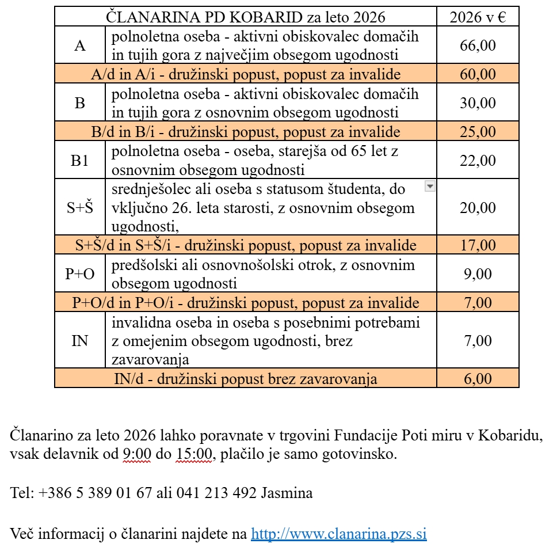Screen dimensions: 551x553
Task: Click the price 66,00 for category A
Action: (478, 45)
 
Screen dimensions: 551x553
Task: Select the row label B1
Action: (79, 161)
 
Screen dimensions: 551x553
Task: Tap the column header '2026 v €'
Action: (478, 17)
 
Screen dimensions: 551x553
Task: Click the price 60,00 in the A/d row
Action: (478, 74)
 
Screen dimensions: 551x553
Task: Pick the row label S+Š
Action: (79, 208)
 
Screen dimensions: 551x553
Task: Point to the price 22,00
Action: (478, 161)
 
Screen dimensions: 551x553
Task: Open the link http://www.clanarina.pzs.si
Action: (339, 534)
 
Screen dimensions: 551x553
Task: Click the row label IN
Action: (79, 341)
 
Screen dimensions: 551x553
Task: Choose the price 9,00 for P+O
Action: (478, 274)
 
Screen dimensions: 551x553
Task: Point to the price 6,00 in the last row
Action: (478, 379)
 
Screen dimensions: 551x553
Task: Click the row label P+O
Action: (79, 274)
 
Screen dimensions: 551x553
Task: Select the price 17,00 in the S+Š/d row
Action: (478, 246)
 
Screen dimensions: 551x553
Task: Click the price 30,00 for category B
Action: (478, 103)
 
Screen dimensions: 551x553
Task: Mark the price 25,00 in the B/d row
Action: (478, 132)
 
